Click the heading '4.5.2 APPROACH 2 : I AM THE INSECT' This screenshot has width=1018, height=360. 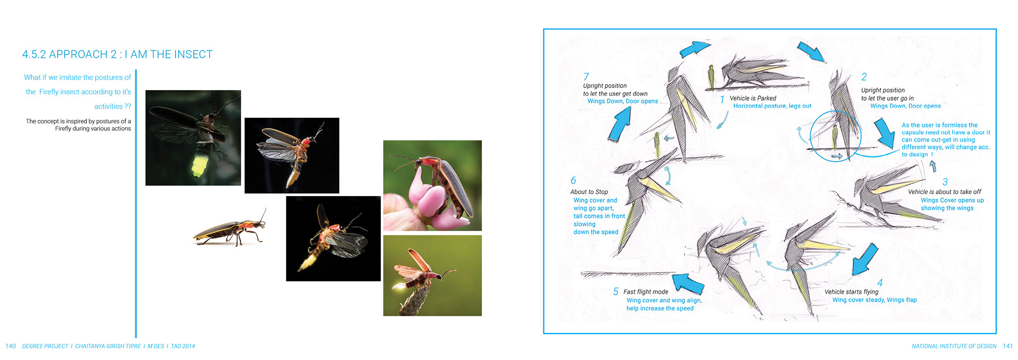[x=117, y=55]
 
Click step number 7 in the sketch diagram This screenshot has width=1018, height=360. [x=586, y=77]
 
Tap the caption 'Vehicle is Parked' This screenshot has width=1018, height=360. [x=752, y=98]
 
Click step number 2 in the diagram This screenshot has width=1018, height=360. [x=864, y=77]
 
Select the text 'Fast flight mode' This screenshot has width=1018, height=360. [x=646, y=292]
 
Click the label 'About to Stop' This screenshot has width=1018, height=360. [x=589, y=192]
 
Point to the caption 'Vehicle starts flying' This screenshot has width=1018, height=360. [x=852, y=292]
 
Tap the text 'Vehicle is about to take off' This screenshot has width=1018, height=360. [x=945, y=192]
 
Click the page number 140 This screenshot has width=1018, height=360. [x=11, y=346]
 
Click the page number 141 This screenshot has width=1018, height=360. [x=1007, y=346]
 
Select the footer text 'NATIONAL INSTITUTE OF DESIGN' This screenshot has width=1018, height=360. [x=954, y=346]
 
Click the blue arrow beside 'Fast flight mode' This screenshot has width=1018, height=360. [x=689, y=283]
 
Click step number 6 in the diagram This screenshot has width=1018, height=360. [x=573, y=181]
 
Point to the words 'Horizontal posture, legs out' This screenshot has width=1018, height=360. [x=772, y=106]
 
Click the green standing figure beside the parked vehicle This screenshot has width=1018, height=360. [x=711, y=76]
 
